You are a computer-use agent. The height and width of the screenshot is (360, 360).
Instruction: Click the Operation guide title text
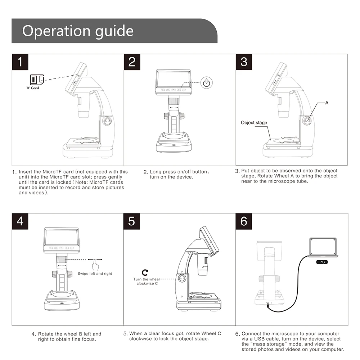(x=78, y=31)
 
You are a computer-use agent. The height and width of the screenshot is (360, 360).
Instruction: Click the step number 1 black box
(x=20, y=62)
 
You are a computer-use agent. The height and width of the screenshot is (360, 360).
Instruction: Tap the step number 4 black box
(x=20, y=221)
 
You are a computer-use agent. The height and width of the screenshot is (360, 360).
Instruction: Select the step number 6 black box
(x=244, y=221)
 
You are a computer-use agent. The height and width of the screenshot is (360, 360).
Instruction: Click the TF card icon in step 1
(x=37, y=80)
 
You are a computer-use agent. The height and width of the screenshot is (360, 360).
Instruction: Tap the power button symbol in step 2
(x=206, y=83)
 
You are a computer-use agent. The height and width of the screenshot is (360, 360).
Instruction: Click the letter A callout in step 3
(x=327, y=103)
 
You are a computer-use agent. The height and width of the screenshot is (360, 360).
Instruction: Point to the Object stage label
(x=254, y=123)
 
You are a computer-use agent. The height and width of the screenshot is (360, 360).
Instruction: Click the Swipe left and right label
(x=95, y=274)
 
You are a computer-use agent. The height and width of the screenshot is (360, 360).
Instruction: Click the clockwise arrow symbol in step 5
(x=145, y=273)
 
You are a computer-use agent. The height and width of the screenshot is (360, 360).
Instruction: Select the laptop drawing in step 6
(x=323, y=248)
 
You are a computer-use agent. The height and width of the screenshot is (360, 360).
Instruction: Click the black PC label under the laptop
(x=322, y=262)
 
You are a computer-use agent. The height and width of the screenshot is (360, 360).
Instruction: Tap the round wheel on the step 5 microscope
(x=182, y=279)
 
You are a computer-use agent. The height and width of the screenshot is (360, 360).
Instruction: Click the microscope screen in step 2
(x=174, y=79)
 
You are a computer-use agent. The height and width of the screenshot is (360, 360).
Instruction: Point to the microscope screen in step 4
(x=62, y=237)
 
